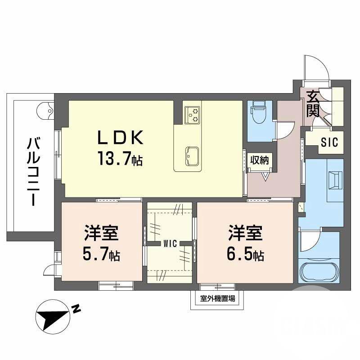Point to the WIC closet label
170,243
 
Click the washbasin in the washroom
335,180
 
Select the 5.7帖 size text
101,256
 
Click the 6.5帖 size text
245,256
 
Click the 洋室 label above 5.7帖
101,235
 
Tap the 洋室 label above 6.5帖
245,235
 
